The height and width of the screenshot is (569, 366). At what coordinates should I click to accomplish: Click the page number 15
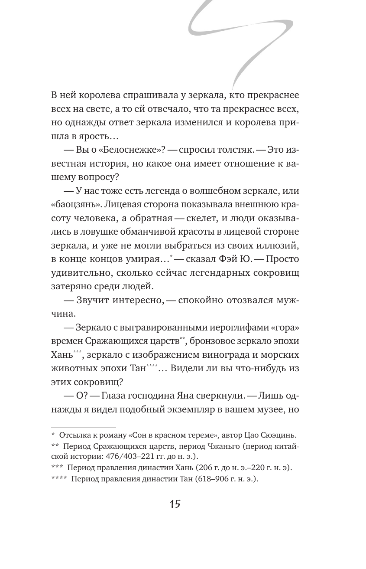pos(175,504)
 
